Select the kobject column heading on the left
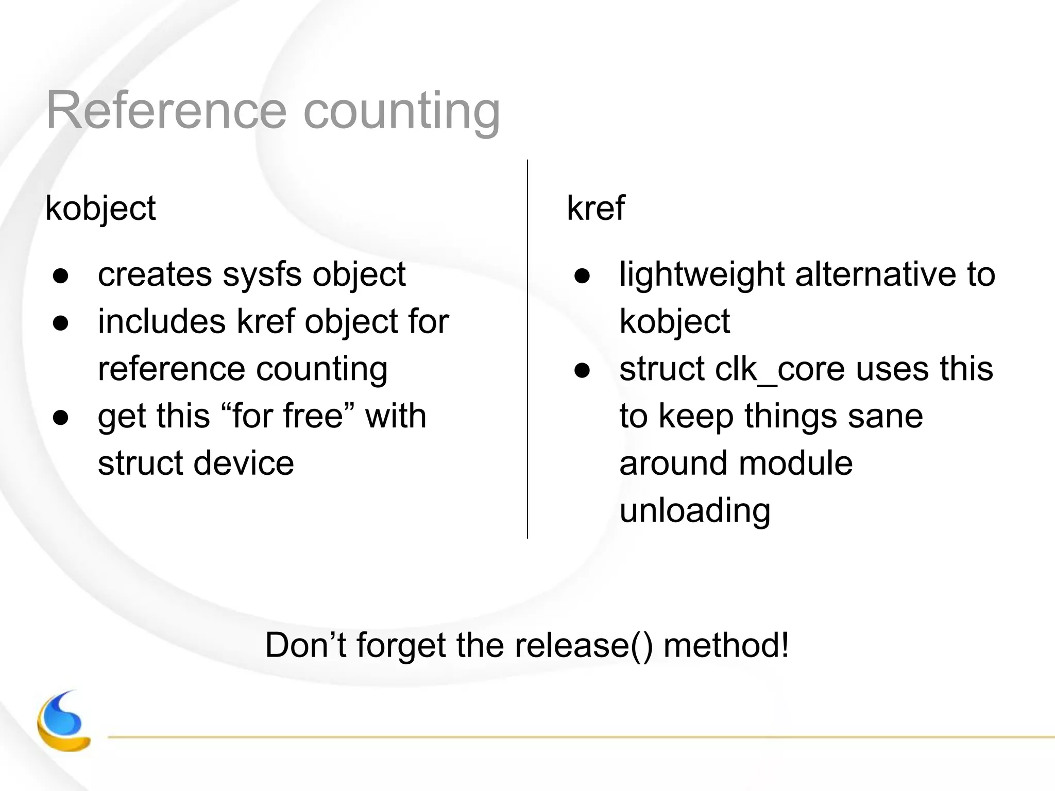point(100,209)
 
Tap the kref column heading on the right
point(595,208)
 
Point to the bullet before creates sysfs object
point(61,276)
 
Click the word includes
point(162,322)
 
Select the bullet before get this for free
point(61,418)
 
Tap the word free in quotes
point(313,416)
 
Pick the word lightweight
point(702,274)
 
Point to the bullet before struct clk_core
point(582,371)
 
